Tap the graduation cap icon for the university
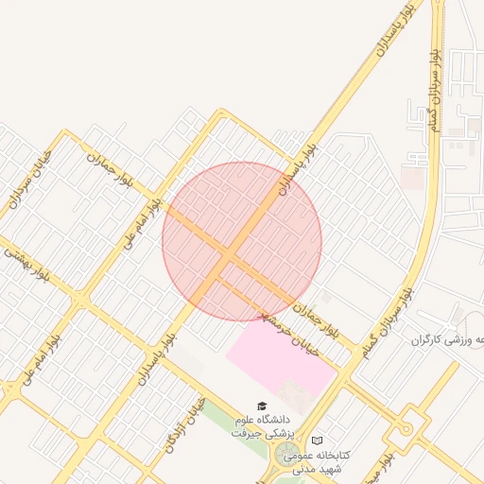point(262,406)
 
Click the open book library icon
point(317,441)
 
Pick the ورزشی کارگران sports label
point(448,338)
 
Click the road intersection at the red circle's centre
point(232,252)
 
